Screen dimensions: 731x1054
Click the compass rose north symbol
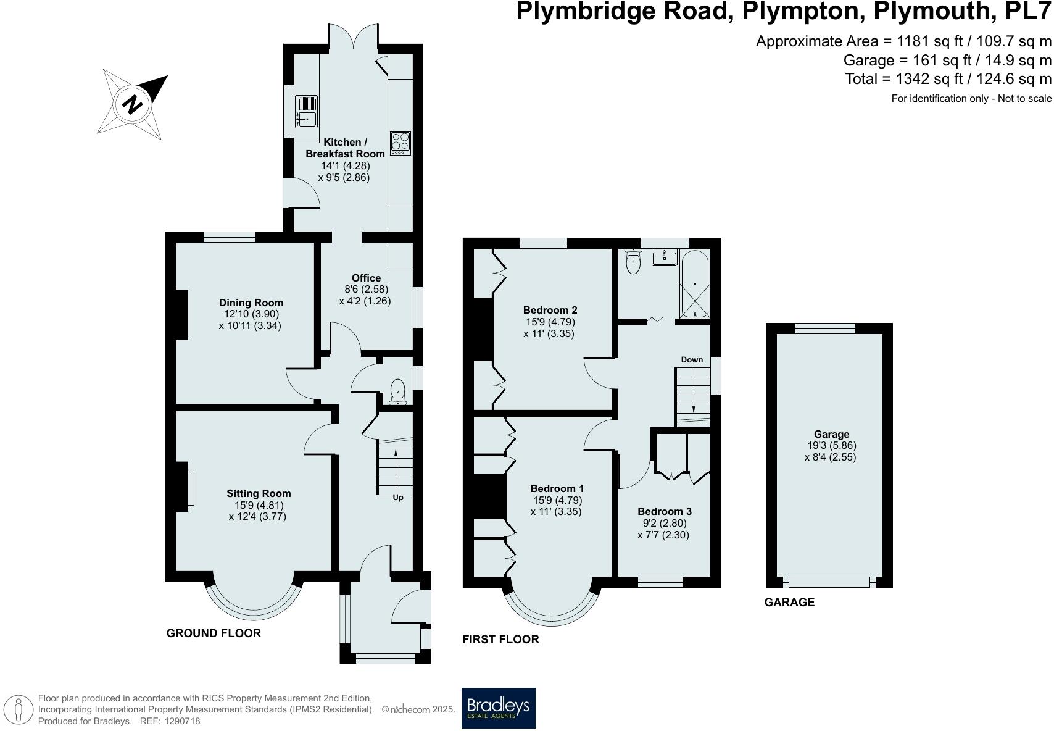131,104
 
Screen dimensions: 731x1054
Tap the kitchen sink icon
306,112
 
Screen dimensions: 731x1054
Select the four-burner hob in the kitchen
400,143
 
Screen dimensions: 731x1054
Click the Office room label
366,278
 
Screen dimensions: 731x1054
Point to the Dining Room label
251,303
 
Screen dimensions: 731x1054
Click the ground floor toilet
398,391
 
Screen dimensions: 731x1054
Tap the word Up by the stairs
398,498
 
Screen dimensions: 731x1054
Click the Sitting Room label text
259,493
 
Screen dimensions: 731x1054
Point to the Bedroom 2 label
550,310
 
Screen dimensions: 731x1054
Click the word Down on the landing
692,360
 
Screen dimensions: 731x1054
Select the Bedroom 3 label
665,511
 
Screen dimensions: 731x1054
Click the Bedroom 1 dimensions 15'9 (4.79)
557,500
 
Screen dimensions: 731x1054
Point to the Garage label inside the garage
831,434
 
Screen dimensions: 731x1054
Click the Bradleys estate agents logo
498,708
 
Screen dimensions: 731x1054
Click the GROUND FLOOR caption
214,633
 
